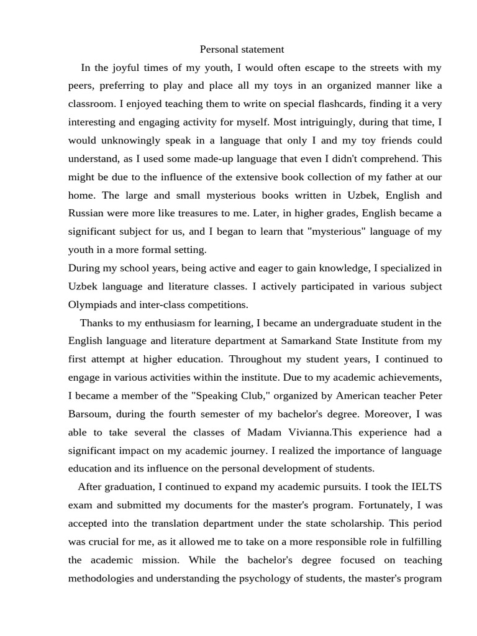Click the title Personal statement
[242, 49]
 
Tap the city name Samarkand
[306, 341]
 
